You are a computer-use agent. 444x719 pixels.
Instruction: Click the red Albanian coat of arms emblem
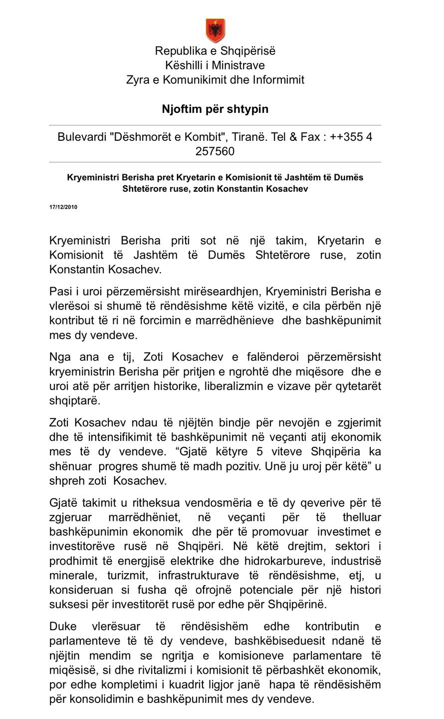click(215, 30)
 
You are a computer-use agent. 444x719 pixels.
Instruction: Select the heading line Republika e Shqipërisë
click(215, 51)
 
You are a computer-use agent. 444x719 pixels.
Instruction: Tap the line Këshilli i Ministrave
click(215, 65)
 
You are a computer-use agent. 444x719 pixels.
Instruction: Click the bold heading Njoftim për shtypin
click(215, 109)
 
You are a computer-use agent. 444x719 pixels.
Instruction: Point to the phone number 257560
click(215, 151)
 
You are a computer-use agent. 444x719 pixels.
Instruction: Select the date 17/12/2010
click(63, 207)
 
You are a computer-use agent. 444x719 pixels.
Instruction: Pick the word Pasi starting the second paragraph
click(60, 291)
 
